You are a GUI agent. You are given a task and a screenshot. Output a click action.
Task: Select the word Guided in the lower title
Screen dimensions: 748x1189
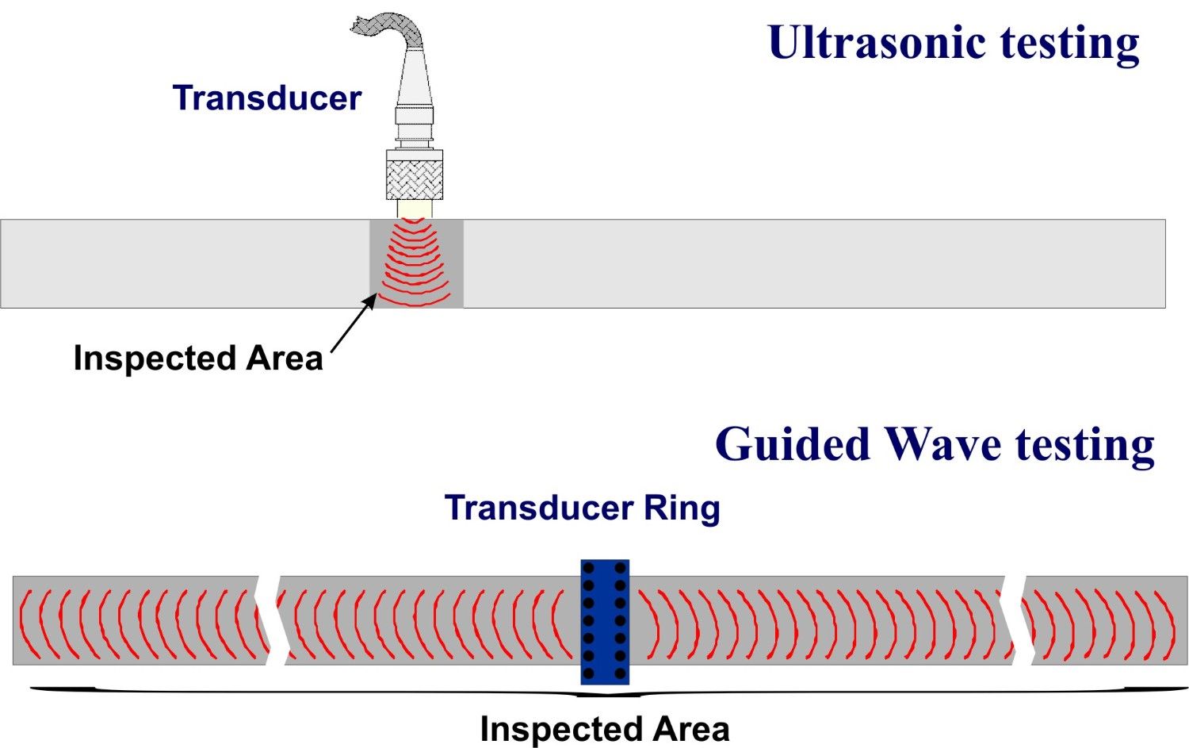tap(793, 444)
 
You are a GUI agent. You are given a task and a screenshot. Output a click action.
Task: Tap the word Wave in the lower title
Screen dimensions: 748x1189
tap(944, 444)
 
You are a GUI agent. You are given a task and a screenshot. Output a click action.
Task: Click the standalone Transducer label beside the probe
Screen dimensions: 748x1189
tap(267, 98)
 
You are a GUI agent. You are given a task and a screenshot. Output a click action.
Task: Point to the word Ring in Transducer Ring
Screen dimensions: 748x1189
tap(682, 508)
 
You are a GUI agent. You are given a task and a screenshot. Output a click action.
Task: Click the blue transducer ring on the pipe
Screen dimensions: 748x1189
tap(605, 622)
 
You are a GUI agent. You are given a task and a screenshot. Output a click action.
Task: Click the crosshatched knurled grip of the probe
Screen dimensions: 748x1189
tap(414, 175)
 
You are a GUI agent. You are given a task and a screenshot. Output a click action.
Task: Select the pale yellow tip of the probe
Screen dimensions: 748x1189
tap(414, 209)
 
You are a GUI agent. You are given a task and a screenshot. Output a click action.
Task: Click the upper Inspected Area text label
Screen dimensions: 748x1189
tap(198, 359)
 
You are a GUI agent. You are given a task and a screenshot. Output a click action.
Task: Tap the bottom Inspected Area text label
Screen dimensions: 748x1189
tap(605, 729)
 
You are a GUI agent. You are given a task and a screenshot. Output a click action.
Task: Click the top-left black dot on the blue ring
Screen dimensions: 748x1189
tap(589, 569)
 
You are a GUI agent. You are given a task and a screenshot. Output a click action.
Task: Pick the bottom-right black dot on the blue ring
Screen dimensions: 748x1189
tap(620, 673)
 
